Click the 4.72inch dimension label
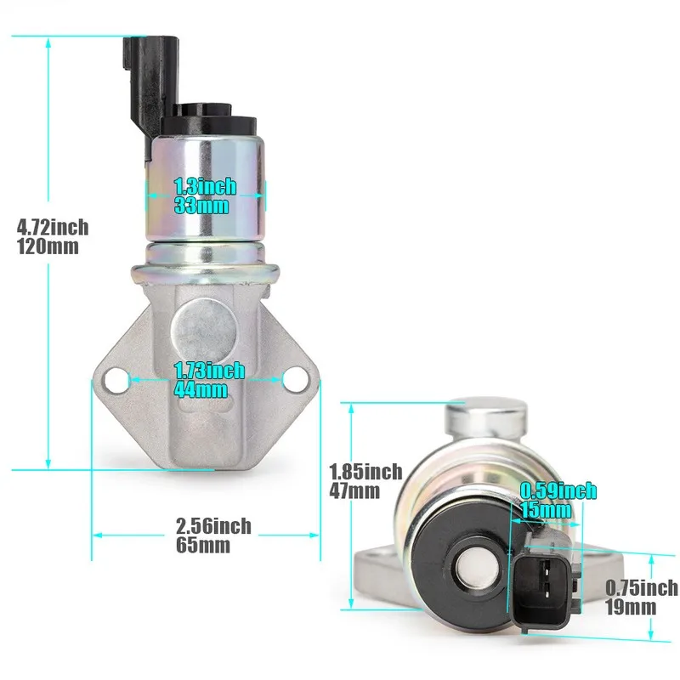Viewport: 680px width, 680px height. (x=53, y=227)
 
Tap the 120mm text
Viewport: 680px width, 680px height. (x=48, y=246)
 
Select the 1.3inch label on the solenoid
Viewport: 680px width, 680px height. (x=205, y=186)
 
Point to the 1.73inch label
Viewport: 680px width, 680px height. (x=209, y=371)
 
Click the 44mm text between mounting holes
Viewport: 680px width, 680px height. (x=201, y=390)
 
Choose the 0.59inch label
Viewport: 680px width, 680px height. (x=558, y=490)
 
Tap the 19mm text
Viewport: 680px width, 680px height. (x=630, y=607)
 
